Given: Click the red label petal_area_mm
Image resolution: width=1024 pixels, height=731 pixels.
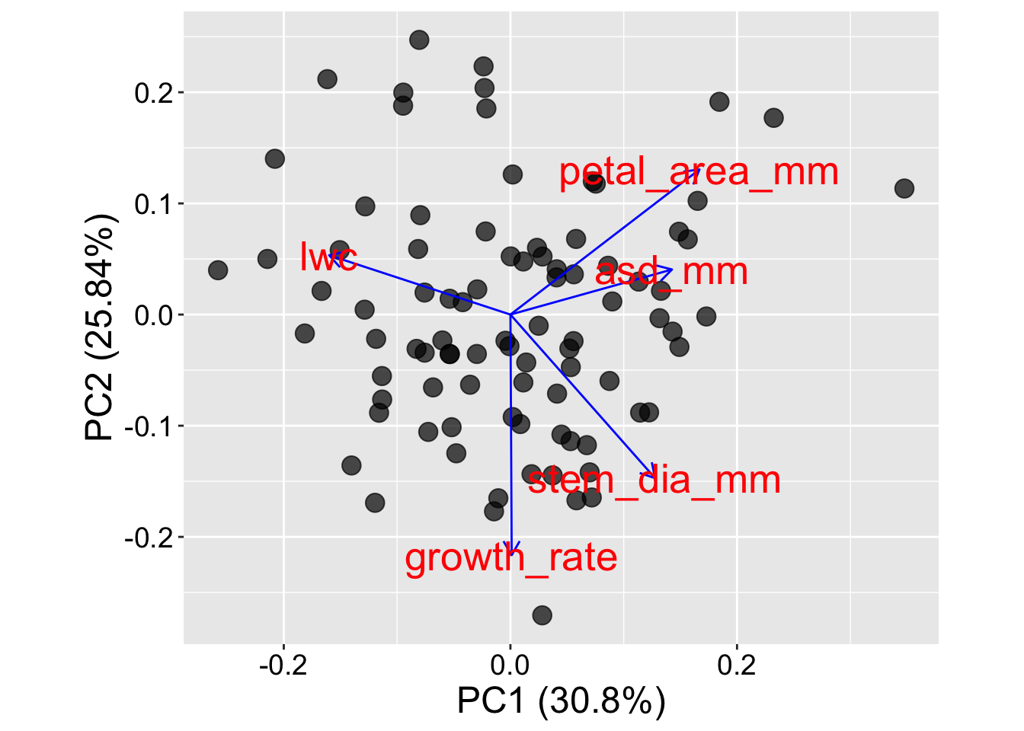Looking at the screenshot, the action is pos(699,173).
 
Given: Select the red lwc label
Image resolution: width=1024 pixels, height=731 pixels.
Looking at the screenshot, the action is pos(328,257).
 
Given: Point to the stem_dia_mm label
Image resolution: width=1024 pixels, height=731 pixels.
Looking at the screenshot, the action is pos(654,480).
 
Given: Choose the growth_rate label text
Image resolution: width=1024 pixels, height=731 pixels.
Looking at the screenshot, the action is pos(511,559).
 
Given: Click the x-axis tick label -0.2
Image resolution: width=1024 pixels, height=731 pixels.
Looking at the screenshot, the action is pos(283,666).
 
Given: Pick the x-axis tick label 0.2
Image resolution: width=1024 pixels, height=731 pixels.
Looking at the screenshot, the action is pos(737,666).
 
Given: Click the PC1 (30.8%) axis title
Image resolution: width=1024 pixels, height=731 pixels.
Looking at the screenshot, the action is pos(562,701).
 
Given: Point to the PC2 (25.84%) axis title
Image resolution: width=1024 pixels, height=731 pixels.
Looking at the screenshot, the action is pos(100,327).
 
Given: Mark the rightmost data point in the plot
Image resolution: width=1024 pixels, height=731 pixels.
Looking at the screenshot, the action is pos(904,188).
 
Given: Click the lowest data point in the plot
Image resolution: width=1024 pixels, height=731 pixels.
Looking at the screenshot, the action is pos(542,615).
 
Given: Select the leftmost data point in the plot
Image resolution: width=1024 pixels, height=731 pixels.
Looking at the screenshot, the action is pos(218,270).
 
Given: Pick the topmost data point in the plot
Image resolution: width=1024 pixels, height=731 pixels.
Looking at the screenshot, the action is pos(419,40).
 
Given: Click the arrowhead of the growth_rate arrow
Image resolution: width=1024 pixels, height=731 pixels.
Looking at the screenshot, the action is pos(512,554).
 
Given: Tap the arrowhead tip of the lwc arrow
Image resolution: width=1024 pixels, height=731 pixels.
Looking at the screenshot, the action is pos(329,255).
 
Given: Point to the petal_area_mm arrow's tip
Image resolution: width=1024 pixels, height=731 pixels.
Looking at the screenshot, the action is pos(700,170).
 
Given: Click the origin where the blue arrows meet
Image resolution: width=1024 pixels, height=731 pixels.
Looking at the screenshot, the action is pos(510,314).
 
